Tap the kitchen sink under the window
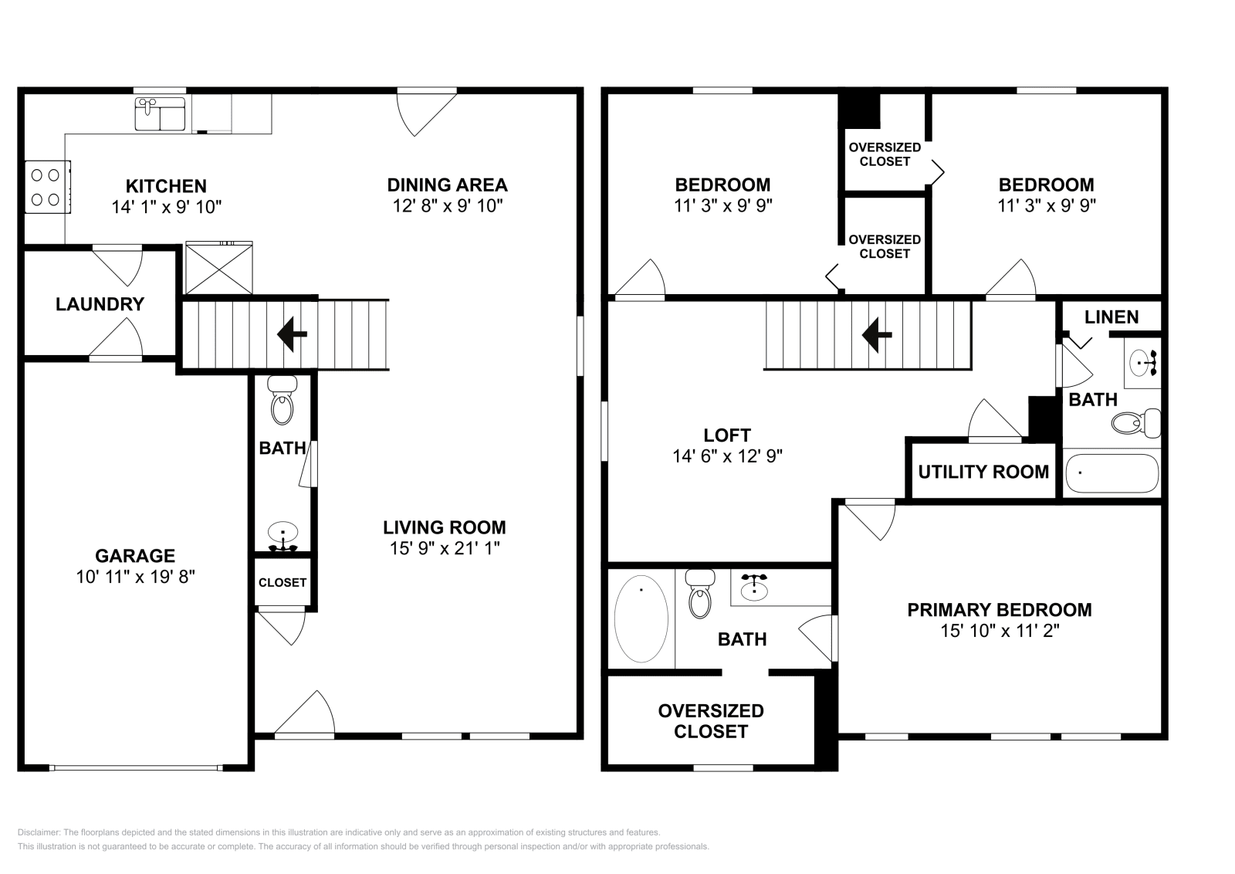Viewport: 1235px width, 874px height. [161, 113]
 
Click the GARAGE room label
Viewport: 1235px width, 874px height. [135, 555]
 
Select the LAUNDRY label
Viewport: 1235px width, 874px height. [100, 304]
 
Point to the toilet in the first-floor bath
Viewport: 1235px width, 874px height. [283, 401]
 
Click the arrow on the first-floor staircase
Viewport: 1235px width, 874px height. [292, 334]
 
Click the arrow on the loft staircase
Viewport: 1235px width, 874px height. [877, 334]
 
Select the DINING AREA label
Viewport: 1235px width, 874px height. [447, 185]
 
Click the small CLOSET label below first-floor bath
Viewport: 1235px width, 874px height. [283, 583]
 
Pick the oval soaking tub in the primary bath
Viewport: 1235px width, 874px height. [641, 618]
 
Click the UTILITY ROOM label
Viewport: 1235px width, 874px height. [983, 472]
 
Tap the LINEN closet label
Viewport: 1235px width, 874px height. [1111, 317]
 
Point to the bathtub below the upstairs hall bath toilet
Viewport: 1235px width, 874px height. [1111, 473]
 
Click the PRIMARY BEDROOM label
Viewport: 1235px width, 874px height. [1000, 610]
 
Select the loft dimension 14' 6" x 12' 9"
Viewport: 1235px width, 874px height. [727, 456]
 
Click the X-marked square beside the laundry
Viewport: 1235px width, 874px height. [219, 269]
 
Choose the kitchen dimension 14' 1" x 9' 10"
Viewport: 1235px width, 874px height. [166, 206]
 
